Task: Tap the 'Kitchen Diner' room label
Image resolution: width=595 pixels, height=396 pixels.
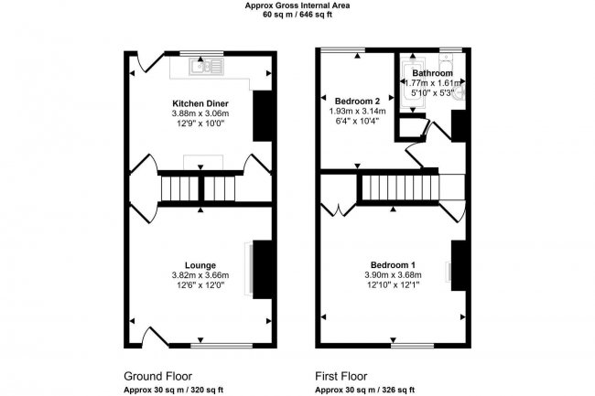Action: (x=200, y=103)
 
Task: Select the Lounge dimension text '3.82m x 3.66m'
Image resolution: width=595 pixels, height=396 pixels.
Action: (x=200, y=275)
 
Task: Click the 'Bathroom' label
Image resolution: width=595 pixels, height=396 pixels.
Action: (x=431, y=72)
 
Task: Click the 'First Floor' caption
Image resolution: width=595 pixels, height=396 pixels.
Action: (x=343, y=375)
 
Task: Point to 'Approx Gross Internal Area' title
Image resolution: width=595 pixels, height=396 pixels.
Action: (x=297, y=5)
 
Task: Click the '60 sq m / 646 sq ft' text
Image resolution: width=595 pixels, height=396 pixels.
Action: (x=297, y=16)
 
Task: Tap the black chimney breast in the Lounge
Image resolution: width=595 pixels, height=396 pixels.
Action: (x=262, y=269)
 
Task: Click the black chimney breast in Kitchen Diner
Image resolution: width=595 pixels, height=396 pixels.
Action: (x=262, y=115)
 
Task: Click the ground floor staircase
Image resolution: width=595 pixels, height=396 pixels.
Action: (x=200, y=189)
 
